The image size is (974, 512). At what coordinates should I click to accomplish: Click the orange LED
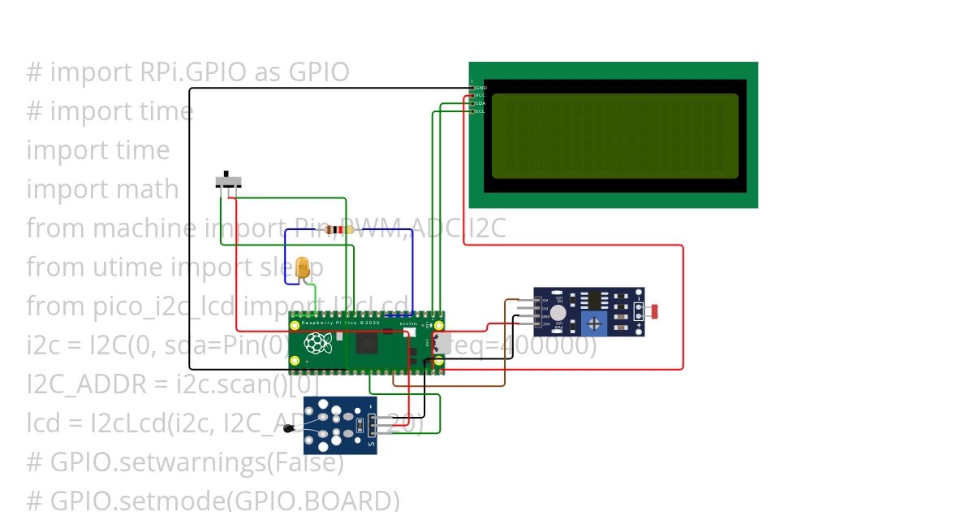[x=303, y=267]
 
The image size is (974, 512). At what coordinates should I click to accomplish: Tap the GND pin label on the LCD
[x=481, y=87]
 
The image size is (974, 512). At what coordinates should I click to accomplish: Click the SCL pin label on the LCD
[x=481, y=111]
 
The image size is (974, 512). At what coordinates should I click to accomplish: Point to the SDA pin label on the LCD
[x=481, y=103]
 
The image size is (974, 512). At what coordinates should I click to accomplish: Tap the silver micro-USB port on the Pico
[x=442, y=343]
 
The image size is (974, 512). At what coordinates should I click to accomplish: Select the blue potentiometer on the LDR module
[x=596, y=324]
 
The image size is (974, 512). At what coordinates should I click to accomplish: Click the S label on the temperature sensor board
[x=372, y=445]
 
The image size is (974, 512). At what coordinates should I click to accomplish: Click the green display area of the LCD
[x=614, y=136]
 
